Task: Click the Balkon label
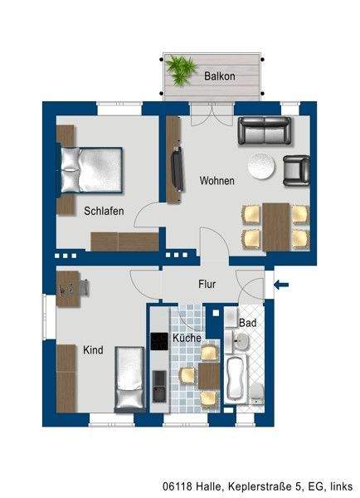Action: point(220,76)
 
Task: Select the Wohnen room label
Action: point(216,181)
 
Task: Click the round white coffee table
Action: point(264,165)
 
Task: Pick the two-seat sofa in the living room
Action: point(264,131)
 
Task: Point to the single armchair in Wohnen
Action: point(296,169)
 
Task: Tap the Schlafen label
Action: point(104,212)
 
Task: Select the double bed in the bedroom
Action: point(90,169)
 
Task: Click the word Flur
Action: point(207,285)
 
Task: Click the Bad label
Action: point(247,322)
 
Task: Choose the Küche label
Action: point(187,339)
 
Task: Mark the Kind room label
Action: point(93,350)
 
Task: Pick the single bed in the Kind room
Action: point(129,378)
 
